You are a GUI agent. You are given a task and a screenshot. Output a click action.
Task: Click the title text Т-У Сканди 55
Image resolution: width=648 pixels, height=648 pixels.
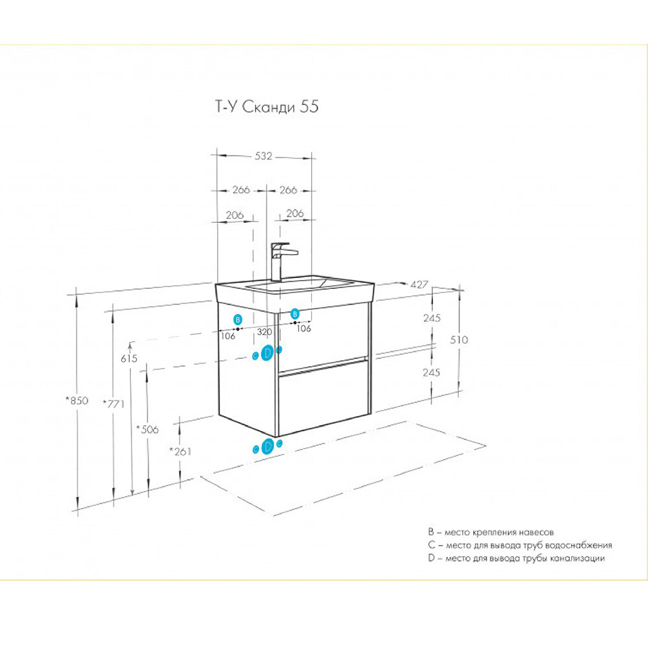(x=266, y=108)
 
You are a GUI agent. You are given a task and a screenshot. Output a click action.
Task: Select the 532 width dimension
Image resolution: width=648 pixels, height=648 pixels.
(x=263, y=156)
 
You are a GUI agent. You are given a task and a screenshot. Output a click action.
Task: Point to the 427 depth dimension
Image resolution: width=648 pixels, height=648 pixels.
(x=419, y=284)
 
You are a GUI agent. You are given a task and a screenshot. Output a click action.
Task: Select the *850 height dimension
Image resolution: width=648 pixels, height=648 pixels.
(x=76, y=400)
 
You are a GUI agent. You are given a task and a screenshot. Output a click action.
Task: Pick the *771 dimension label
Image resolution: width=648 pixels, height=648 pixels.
(x=113, y=403)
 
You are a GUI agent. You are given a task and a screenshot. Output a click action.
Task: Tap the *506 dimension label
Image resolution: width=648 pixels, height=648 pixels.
(x=147, y=429)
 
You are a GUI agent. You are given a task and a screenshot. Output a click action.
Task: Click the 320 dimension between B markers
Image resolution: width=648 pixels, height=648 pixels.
(x=264, y=331)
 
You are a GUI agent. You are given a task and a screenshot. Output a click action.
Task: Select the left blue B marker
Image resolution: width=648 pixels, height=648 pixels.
(x=238, y=319)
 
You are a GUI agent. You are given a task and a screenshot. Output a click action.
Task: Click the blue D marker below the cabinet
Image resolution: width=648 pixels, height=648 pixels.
(x=267, y=446)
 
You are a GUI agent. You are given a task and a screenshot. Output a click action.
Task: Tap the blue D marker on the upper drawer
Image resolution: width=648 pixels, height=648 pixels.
(x=267, y=353)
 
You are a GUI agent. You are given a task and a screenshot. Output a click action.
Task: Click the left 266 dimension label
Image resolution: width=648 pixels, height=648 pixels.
(x=240, y=190)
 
